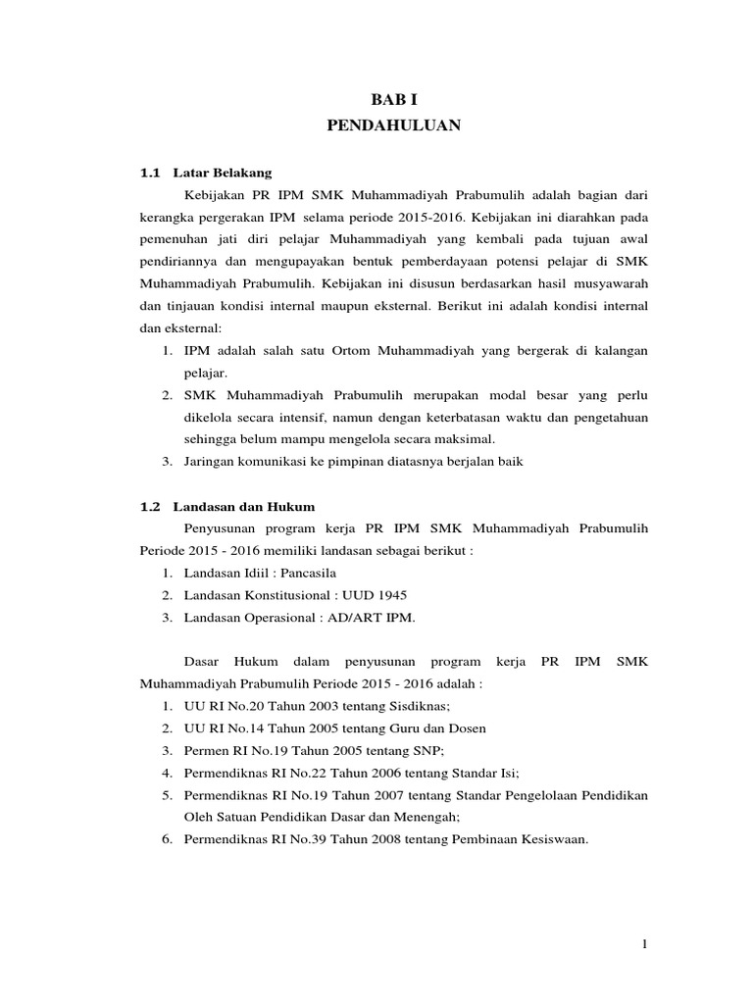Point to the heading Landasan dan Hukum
point(244,507)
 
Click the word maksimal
point(466,438)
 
